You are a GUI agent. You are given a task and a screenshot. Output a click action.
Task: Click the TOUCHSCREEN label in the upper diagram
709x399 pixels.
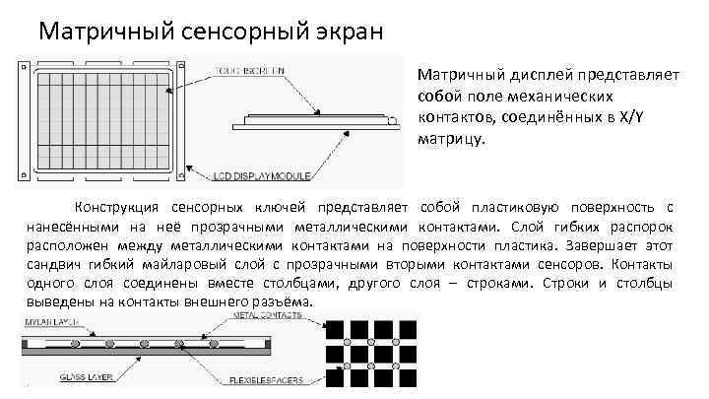247,70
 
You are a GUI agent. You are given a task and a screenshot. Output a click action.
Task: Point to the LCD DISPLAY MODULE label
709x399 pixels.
262,177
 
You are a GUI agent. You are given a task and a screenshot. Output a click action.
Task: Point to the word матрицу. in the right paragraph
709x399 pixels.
451,138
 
